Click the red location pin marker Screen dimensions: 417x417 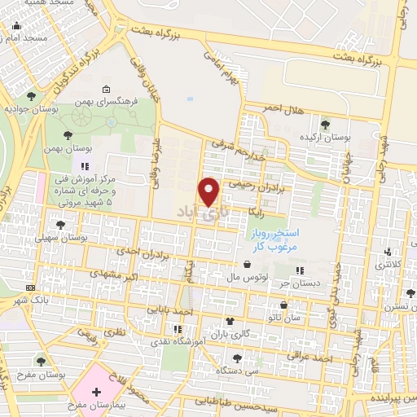(x=209, y=191)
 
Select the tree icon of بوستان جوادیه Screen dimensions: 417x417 (x=31, y=96)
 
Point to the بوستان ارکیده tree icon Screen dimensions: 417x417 (x=325, y=125)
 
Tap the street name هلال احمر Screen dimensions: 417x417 (x=282, y=108)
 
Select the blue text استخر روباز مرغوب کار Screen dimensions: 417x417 (x=274, y=239)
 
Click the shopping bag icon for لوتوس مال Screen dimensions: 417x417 (x=246, y=264)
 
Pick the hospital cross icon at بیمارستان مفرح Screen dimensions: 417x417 (x=98, y=392)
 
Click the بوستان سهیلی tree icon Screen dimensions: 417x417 (x=59, y=224)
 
